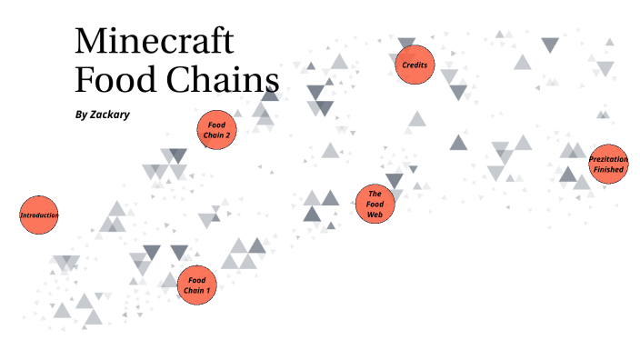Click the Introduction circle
click(x=39, y=215)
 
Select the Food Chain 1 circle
click(x=197, y=285)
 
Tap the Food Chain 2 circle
click(x=217, y=129)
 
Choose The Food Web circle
click(x=375, y=204)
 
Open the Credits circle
click(x=415, y=65)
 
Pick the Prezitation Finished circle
click(x=608, y=165)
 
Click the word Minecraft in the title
click(x=154, y=42)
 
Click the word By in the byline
click(x=82, y=115)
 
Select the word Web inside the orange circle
click(x=375, y=215)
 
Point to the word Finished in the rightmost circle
click(x=608, y=170)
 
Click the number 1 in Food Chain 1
click(x=208, y=290)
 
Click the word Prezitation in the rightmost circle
click(x=608, y=159)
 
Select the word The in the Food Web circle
click(x=375, y=193)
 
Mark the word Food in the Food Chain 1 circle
click(x=197, y=279)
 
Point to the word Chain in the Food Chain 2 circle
click(x=214, y=135)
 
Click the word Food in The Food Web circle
click(x=375, y=204)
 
